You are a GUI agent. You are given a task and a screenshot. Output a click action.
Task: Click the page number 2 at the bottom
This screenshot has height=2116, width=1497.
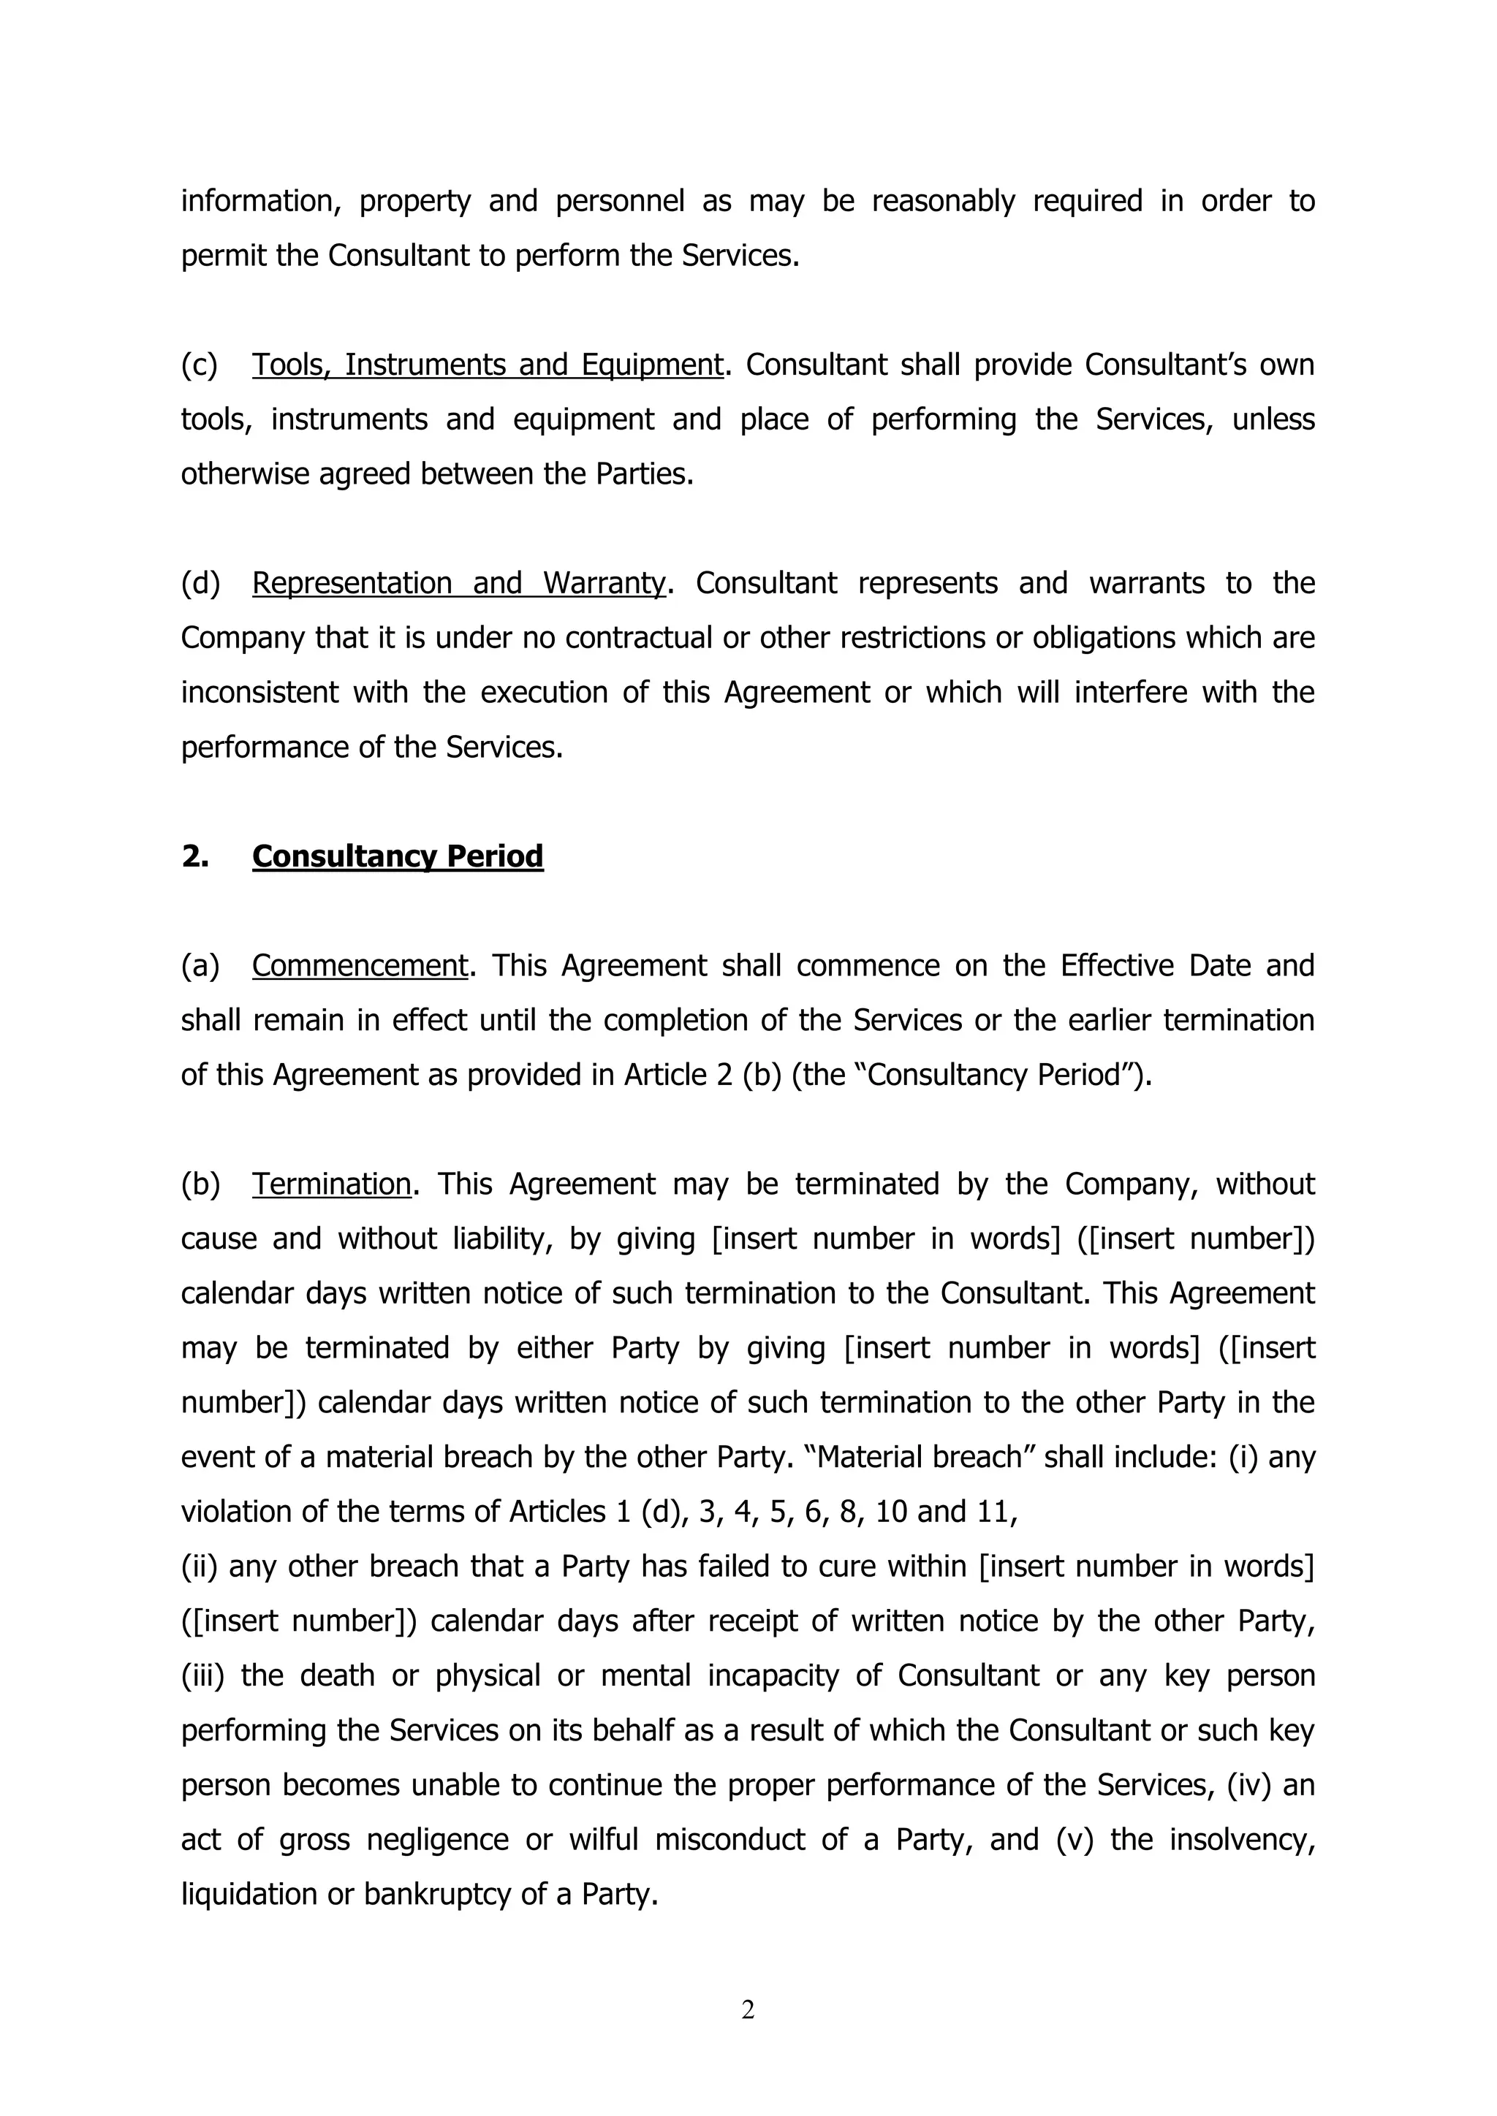[x=748, y=2010]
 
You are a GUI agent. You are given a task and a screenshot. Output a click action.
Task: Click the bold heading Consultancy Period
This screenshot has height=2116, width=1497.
[x=398, y=856]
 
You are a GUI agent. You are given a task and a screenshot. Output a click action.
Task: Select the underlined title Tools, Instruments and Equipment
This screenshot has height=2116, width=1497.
[x=488, y=365]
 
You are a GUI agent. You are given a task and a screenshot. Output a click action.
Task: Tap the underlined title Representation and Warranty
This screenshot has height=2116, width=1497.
[x=458, y=583]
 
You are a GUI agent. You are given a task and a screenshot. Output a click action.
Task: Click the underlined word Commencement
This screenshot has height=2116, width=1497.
[x=360, y=966]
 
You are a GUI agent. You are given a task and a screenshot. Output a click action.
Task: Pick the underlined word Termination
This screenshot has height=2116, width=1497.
[x=332, y=1184]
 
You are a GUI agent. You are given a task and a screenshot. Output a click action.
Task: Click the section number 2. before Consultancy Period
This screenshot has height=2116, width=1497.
[x=195, y=856]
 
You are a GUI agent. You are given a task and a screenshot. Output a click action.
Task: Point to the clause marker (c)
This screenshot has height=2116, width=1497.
[x=199, y=365]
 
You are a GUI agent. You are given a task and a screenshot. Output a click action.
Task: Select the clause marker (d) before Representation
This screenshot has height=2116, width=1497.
[x=201, y=583]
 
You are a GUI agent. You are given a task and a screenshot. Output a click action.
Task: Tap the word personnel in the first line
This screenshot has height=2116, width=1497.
[x=619, y=201]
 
